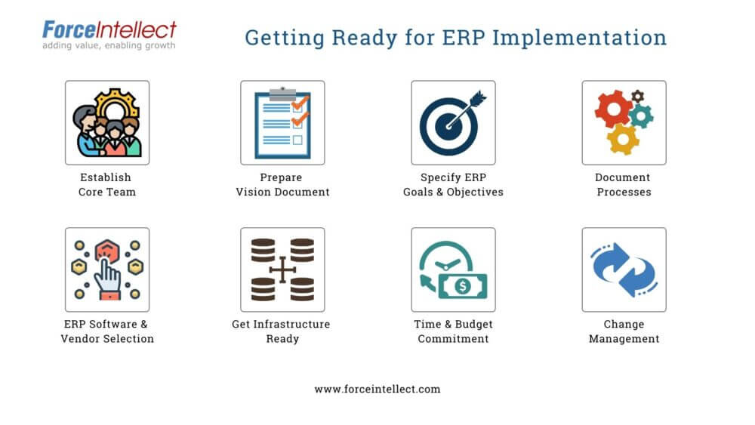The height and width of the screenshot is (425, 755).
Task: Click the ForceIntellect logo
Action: pyautogui.click(x=109, y=30)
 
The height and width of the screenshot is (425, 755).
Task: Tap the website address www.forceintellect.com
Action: pyautogui.click(x=377, y=390)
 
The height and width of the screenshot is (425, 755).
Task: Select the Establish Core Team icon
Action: pyautogui.click(x=107, y=122)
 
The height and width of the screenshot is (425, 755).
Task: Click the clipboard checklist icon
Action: pyautogui.click(x=282, y=122)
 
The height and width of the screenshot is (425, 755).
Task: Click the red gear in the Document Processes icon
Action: pyautogui.click(x=612, y=109)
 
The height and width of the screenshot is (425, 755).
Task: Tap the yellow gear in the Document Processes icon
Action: pyautogui.click(x=623, y=139)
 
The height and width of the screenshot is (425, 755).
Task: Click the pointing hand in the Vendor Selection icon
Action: pyautogui.click(x=107, y=277)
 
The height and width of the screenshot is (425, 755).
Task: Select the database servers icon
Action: pyautogui.click(x=282, y=269)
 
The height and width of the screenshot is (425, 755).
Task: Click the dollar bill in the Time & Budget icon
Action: pyautogui.click(x=462, y=286)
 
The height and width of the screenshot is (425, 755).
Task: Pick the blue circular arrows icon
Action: pyautogui.click(x=624, y=269)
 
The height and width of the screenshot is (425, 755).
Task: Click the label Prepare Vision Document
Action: pyautogui.click(x=282, y=185)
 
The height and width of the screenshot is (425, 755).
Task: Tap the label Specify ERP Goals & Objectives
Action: pyautogui.click(x=453, y=185)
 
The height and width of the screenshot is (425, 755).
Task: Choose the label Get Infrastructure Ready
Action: pyautogui.click(x=282, y=331)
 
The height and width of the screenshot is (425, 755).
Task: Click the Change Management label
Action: pyautogui.click(x=624, y=331)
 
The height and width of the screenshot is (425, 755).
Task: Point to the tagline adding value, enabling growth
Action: pyautogui.click(x=109, y=46)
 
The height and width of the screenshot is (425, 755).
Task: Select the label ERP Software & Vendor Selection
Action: pyautogui.click(x=107, y=331)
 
